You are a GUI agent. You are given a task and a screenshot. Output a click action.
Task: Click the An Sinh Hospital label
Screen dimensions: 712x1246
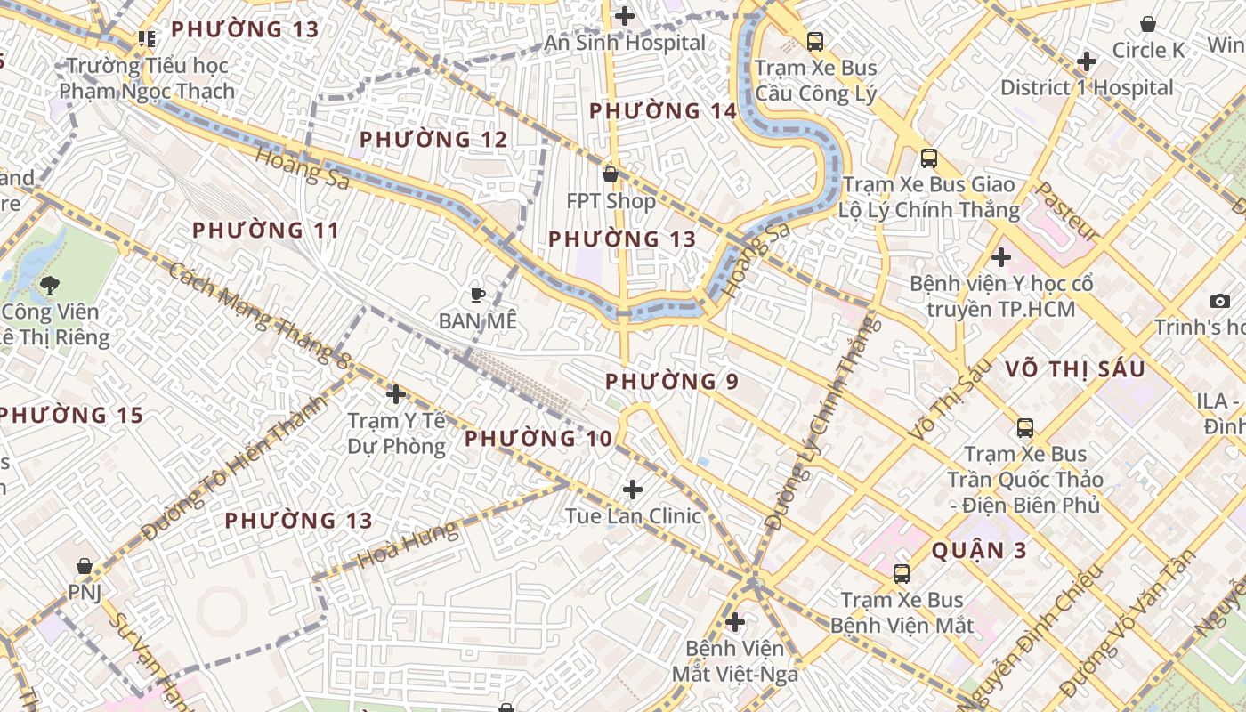pos(625,43)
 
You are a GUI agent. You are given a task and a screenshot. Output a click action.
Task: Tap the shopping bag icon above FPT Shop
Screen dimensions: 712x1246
pos(611,174)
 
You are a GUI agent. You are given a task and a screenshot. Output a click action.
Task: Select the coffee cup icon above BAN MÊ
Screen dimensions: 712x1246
pos(478,295)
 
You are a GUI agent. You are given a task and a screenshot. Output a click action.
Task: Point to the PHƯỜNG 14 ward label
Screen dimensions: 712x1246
pos(663,111)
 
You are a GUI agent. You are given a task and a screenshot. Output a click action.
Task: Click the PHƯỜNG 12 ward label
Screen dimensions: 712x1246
pos(433,140)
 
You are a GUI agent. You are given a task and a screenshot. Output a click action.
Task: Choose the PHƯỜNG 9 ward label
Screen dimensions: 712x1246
pos(672,382)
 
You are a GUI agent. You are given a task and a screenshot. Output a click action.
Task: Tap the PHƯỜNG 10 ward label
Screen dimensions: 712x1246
pos(538,439)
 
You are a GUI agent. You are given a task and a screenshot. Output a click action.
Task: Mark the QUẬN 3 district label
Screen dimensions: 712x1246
pos(979,551)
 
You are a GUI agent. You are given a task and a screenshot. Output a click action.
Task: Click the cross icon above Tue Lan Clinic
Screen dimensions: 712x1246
pos(633,489)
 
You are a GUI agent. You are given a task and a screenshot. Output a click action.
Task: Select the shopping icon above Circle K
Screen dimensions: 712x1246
pos(1148,24)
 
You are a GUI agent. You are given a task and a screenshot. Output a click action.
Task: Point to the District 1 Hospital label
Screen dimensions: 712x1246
pos(1087,87)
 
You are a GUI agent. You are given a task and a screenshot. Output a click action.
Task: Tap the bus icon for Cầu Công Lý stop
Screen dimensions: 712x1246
pos(815,41)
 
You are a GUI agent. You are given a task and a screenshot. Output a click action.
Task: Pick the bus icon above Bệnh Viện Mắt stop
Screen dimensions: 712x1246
pos(902,574)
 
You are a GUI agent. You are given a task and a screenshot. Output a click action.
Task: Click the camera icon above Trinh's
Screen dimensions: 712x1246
pos(1220,302)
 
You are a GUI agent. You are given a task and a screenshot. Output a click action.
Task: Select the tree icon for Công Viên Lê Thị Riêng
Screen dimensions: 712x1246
pos(50,285)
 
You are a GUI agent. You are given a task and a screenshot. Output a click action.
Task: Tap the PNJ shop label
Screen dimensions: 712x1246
pos(85,593)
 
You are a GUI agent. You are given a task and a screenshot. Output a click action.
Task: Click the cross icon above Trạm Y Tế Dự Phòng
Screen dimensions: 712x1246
pos(396,393)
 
